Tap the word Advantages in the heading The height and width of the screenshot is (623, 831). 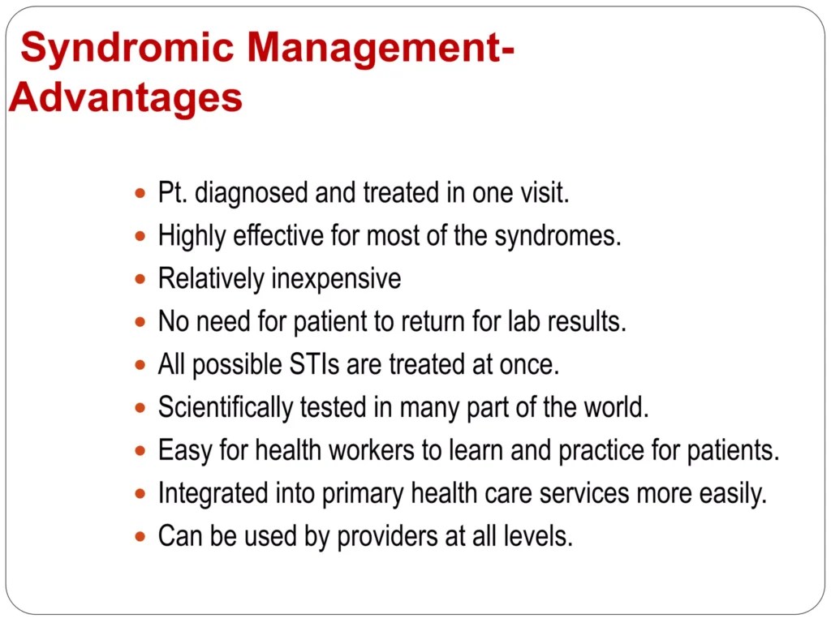tap(126, 98)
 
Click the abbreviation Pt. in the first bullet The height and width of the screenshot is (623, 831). tap(173, 193)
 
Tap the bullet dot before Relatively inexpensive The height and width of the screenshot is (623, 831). tap(141, 279)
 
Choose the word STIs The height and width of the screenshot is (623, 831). tap(314, 364)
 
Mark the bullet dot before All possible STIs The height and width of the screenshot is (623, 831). tap(141, 365)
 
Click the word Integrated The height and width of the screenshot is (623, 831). tap(207, 493)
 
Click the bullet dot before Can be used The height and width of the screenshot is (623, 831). tap(141, 536)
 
